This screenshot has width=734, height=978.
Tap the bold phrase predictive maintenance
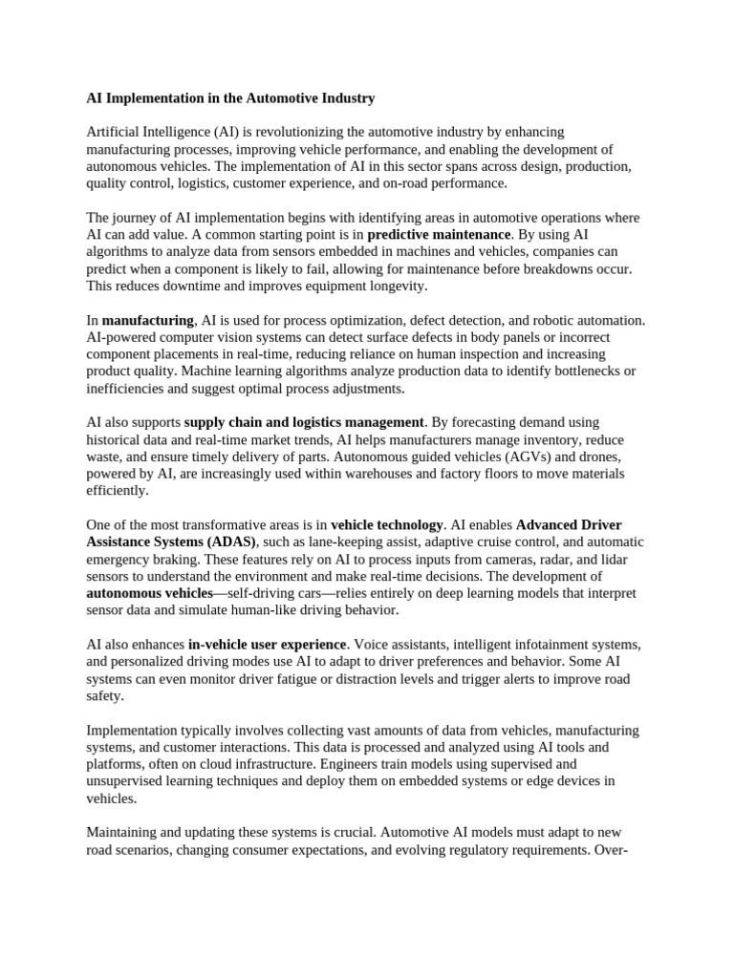coord(439,234)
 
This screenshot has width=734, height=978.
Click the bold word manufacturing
coord(148,320)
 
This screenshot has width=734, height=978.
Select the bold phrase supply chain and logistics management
coord(304,422)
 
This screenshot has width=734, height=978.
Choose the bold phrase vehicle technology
coord(387,524)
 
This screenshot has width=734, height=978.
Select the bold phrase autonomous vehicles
coord(149,593)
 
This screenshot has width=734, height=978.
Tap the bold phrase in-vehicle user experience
coord(267,645)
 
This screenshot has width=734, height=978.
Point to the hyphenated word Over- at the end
coord(611,849)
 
